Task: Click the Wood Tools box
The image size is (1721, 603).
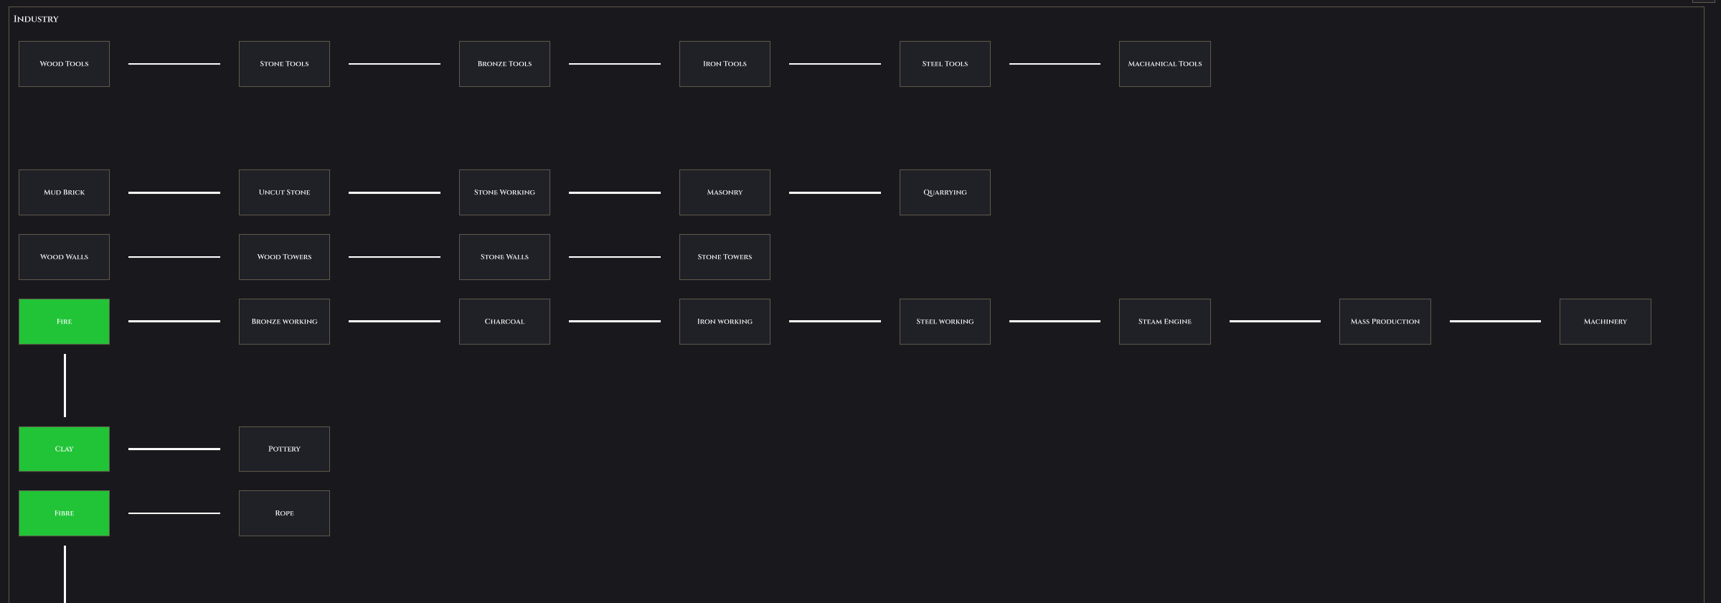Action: coord(64,64)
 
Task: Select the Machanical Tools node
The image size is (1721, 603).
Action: coord(1165,64)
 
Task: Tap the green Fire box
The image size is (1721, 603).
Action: coord(64,322)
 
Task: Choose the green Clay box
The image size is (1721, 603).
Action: coord(64,449)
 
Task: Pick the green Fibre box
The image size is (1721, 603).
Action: coord(64,513)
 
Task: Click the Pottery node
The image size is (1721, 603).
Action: coord(284,449)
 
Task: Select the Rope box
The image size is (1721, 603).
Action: coord(284,513)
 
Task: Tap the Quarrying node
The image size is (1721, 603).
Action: coord(945,192)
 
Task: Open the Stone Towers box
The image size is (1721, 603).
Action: coord(725,257)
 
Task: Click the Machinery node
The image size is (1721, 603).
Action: coord(1606,322)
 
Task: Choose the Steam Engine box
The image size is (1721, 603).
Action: coord(1165,322)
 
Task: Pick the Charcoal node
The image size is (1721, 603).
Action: coord(504,322)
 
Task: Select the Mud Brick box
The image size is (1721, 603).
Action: coord(64,192)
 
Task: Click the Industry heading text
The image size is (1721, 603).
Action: coord(36,19)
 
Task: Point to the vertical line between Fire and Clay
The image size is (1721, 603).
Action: coord(65,385)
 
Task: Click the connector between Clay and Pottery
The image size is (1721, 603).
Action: coord(174,449)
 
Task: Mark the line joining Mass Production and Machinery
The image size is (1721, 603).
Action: coord(1495,322)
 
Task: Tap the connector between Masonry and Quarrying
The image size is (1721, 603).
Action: coord(835,192)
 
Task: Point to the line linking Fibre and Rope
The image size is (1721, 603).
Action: coord(174,513)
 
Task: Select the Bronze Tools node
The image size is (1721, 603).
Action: coord(504,64)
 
